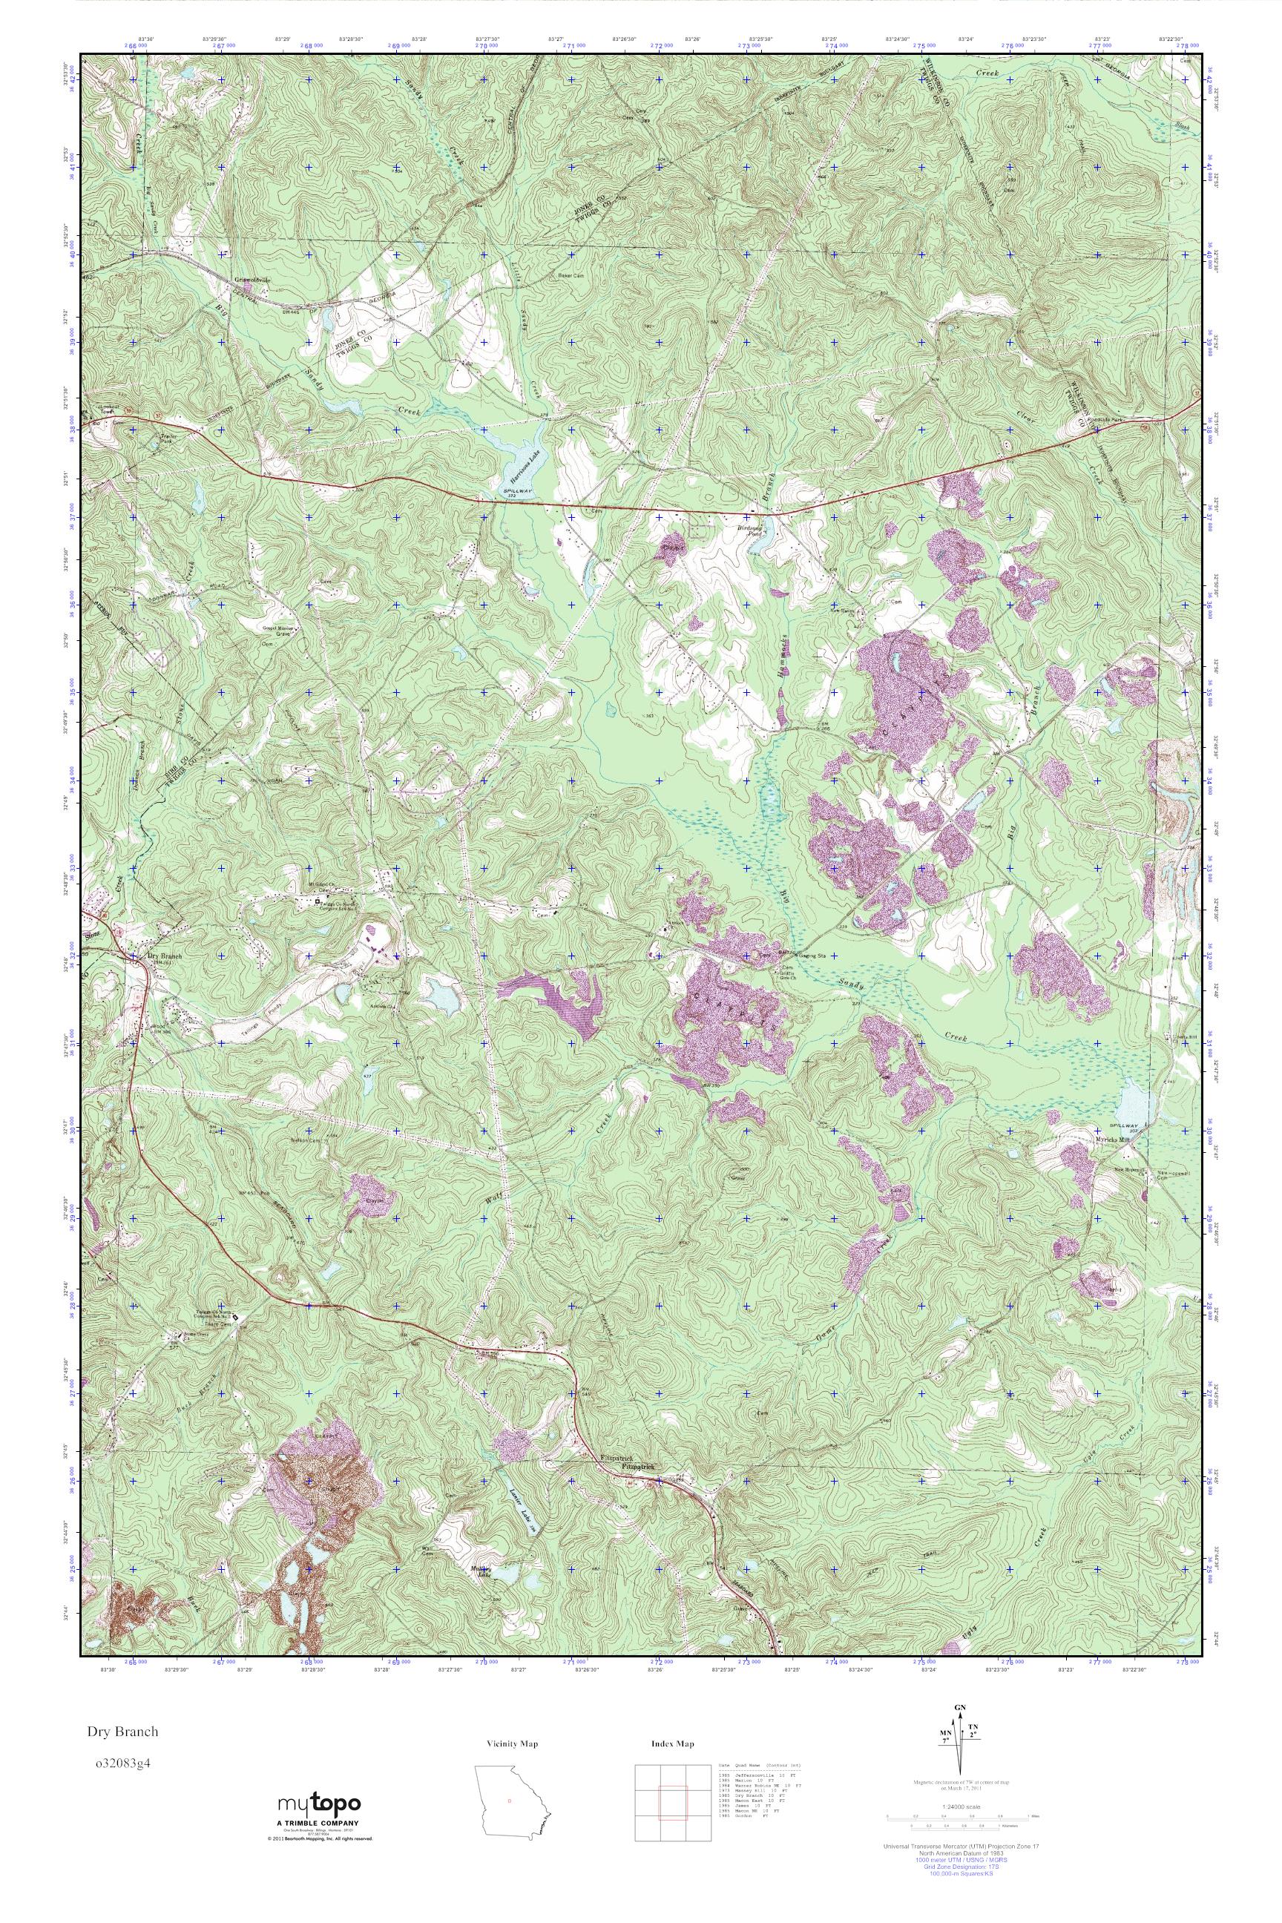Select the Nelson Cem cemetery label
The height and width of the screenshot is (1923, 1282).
tap(306, 1140)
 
